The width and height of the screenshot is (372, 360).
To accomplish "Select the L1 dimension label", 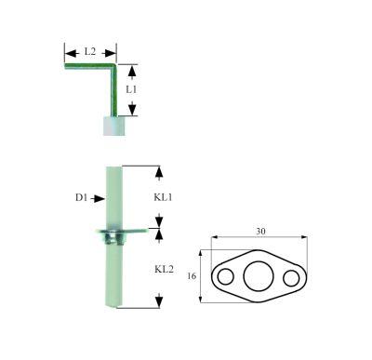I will (x=131, y=90).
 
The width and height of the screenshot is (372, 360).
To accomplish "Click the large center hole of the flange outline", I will (x=255, y=276).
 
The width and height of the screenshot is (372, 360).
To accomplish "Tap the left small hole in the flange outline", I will (x=224, y=276).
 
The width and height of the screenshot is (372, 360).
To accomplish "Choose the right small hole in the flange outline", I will (x=291, y=276).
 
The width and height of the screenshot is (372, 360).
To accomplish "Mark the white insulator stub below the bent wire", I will (x=110, y=125).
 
